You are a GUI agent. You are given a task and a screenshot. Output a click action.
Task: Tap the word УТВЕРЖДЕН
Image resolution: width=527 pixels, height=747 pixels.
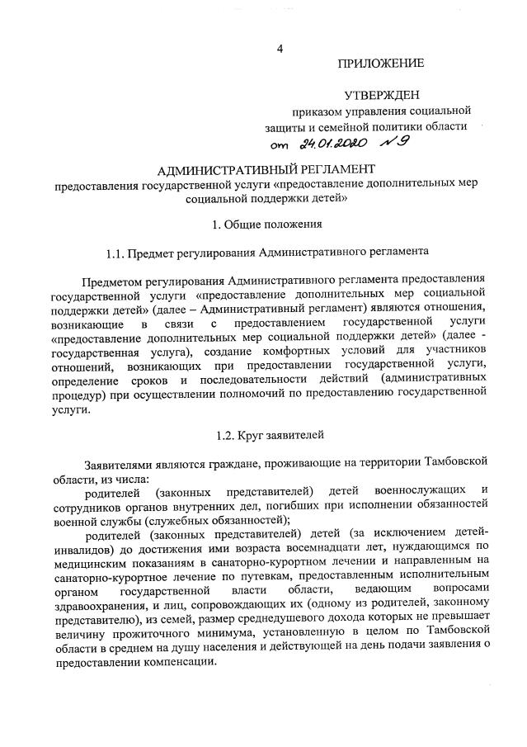(384, 95)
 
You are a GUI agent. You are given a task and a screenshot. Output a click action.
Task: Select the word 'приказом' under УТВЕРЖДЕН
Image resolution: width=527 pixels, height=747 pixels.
(314, 111)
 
